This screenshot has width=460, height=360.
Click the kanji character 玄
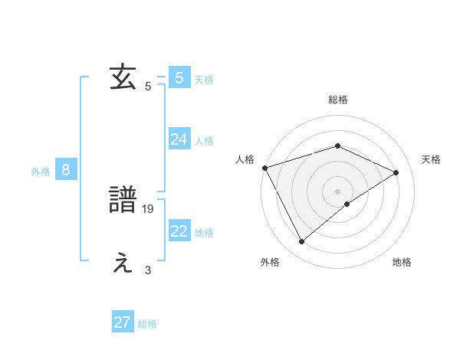click(123, 78)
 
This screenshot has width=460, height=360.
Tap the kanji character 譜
click(123, 201)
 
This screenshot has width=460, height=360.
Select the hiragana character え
click(123, 263)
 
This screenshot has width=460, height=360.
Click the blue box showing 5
click(179, 78)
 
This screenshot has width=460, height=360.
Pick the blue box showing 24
click(179, 139)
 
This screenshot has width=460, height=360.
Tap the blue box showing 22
click(179, 231)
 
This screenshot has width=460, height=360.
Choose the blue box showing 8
click(66, 170)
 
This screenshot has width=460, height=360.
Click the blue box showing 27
click(123, 322)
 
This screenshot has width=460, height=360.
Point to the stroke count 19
click(149, 208)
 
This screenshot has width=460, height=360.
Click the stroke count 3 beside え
click(148, 270)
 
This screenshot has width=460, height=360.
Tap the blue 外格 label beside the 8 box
click(41, 172)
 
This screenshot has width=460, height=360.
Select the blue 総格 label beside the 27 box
click(147, 324)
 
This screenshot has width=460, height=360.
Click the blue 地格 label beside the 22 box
click(204, 233)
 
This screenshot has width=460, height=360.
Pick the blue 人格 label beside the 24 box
click(204, 141)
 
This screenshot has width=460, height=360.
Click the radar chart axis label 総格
click(338, 100)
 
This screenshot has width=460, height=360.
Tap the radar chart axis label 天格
click(432, 159)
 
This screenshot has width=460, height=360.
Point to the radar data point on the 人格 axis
click(264, 168)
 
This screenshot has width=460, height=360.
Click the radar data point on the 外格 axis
click(302, 242)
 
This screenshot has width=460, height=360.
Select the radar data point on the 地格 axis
click(347, 204)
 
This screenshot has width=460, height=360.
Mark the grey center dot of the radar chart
click(337, 191)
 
